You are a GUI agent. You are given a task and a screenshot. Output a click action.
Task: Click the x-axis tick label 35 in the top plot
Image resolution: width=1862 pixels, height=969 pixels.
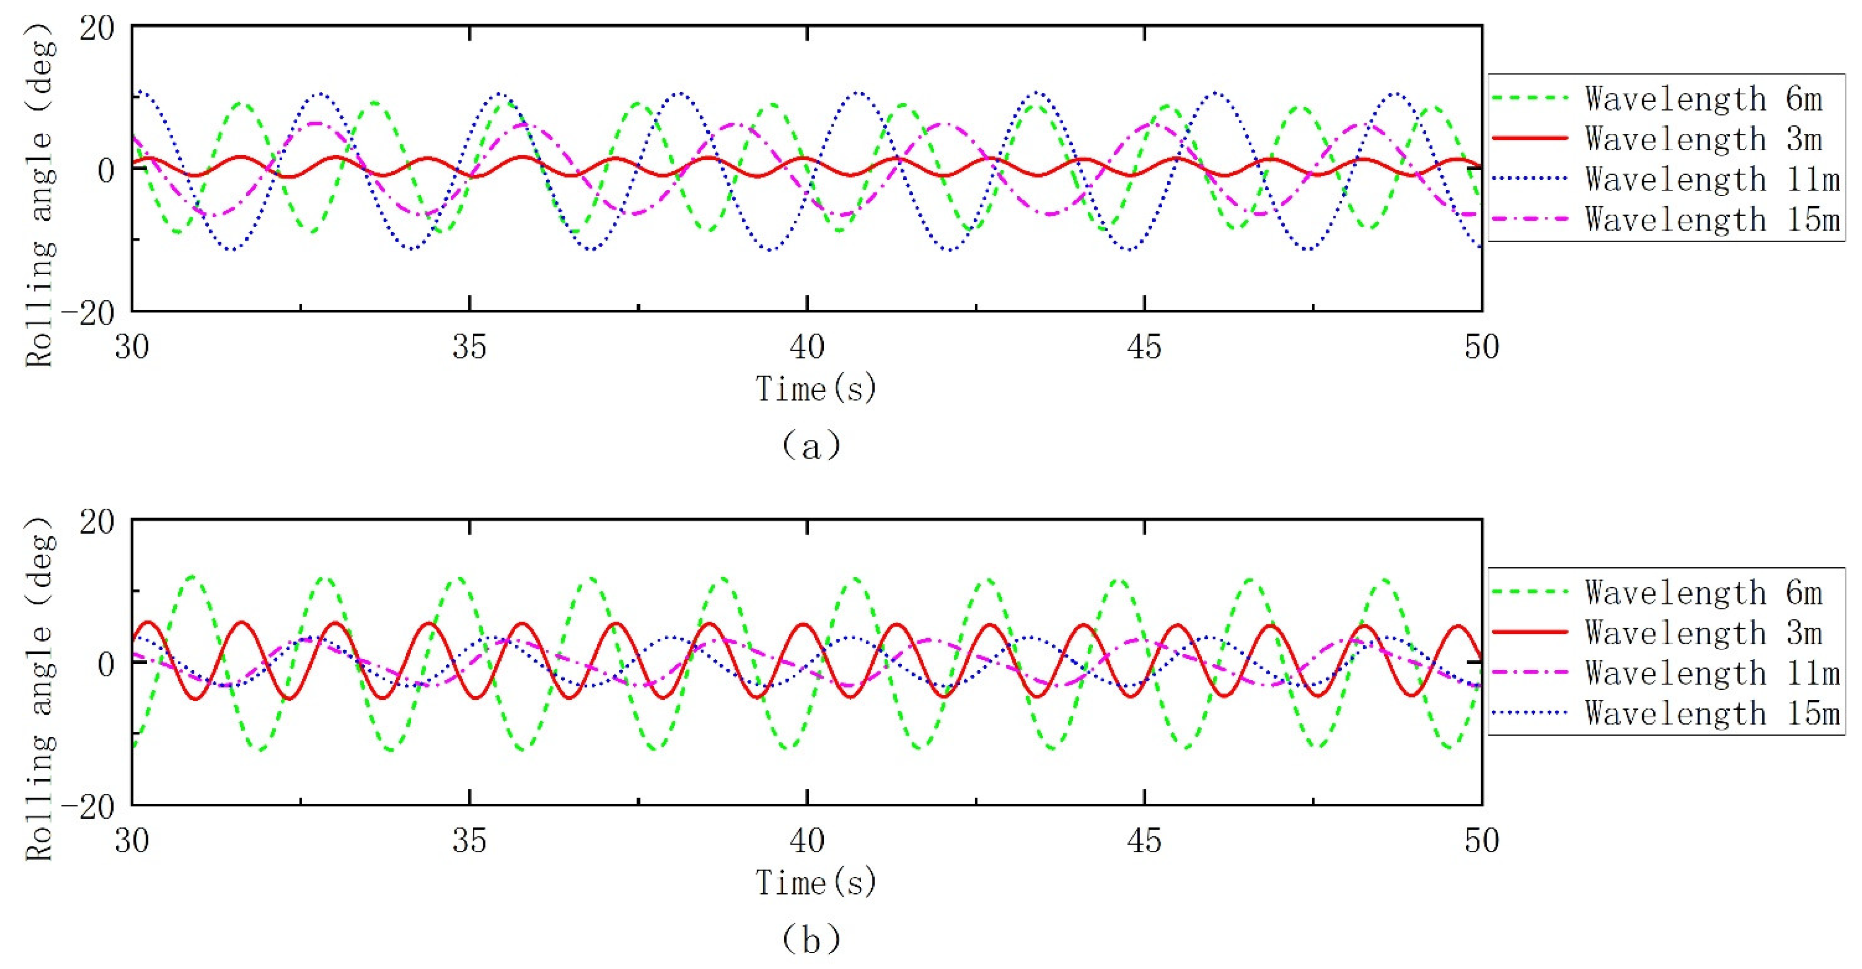pos(470,347)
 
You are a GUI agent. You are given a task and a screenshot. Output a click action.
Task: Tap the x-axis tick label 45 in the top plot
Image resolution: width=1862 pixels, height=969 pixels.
pos(1144,347)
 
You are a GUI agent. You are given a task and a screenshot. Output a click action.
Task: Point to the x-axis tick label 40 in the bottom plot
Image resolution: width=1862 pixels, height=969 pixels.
pos(807,841)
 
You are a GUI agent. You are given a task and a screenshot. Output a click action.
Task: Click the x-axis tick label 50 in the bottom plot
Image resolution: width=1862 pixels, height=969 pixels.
pos(1482,841)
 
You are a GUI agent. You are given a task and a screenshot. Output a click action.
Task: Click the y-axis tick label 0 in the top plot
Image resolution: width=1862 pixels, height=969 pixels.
pos(106,171)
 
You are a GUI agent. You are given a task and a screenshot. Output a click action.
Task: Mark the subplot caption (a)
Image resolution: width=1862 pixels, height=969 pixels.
pos(811,445)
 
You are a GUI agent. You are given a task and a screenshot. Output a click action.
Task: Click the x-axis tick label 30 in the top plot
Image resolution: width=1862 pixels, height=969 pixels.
pos(132,347)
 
